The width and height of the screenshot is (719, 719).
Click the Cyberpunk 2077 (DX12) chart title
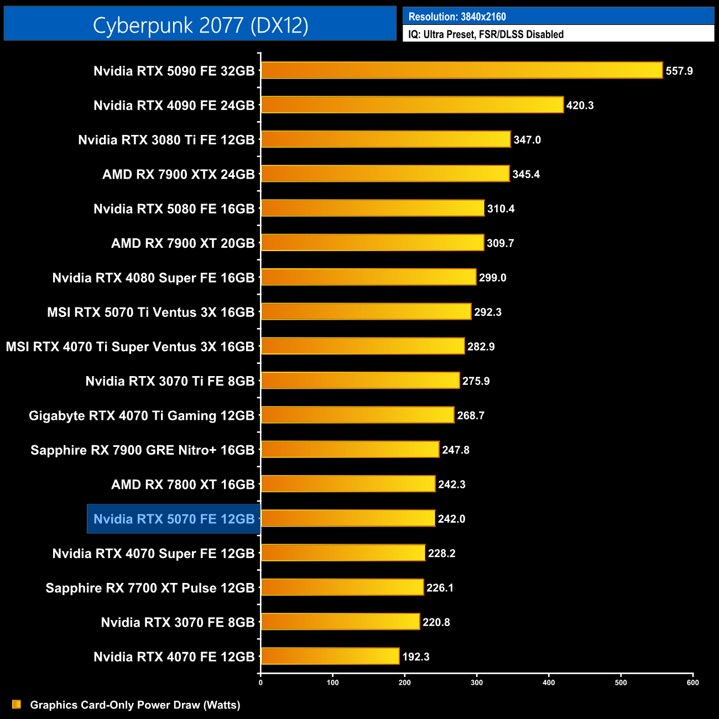200,25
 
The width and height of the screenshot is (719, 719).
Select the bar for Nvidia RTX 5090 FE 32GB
462,70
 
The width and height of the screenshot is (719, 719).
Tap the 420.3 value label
580,105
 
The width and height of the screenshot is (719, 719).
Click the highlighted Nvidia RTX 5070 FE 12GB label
174,519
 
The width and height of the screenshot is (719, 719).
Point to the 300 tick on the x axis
477,682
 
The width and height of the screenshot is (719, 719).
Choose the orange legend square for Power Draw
17,704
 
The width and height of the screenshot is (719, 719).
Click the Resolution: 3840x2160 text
457,17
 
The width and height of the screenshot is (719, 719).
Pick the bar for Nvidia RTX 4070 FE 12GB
330,656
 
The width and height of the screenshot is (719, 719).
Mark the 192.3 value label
416,657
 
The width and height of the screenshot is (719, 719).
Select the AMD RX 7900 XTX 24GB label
178,174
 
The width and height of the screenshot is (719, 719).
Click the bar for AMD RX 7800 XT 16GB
348,484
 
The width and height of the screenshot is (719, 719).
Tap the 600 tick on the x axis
692,682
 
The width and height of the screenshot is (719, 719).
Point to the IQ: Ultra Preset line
486,34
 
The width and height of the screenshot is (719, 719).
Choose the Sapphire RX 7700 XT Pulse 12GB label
150,588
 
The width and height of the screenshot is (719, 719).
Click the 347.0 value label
527,139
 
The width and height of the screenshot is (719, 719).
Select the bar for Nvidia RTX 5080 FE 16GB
373,208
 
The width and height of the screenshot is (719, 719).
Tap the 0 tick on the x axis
260,682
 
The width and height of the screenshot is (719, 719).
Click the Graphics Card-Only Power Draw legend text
135,705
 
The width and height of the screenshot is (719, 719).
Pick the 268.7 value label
471,415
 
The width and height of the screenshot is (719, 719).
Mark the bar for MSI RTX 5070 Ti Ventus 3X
366,311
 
